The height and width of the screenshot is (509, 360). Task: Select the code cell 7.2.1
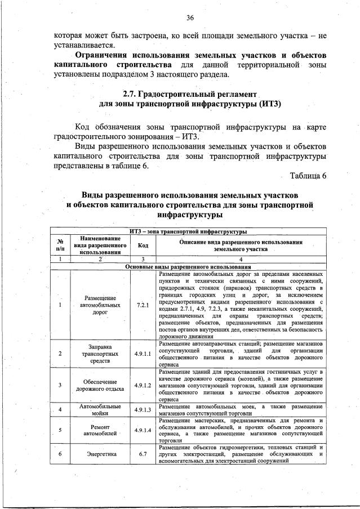[x=142, y=305]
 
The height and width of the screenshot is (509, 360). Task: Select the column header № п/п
[x=60, y=245]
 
